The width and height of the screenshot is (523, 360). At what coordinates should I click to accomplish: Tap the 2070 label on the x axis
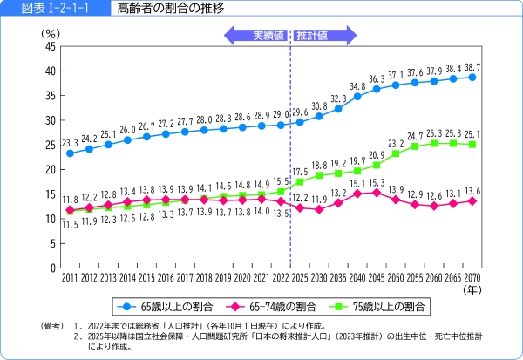(472, 276)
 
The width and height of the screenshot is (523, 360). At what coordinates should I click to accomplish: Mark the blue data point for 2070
(472, 77)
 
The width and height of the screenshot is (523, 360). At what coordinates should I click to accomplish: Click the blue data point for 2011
(70, 153)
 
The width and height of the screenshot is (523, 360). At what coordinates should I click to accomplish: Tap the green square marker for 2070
(472, 144)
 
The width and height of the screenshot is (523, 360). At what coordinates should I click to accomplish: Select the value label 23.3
(71, 141)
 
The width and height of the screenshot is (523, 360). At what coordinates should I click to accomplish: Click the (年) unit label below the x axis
(472, 289)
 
